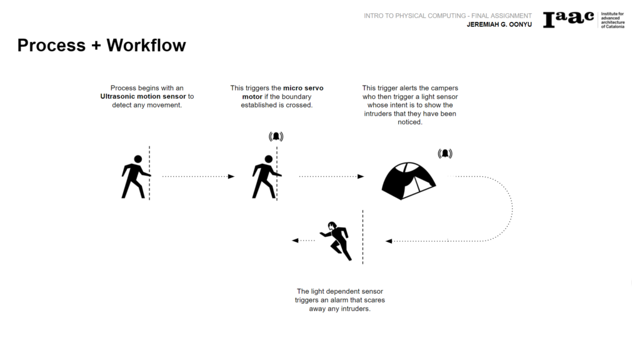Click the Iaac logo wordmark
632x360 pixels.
pos(568,19)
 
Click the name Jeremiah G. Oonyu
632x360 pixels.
pos(499,25)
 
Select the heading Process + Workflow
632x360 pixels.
pos(101,45)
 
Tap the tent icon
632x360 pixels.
pos(408,180)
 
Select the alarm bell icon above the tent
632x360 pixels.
pos(445,153)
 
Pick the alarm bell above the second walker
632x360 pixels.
pos(276,136)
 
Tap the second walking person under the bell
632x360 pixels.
pos(265,177)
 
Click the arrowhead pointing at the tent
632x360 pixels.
pos(361,177)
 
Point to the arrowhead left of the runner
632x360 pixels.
pos(295,241)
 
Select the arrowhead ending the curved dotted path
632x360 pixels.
pos(389,241)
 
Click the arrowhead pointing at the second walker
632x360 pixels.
pos(231,177)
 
